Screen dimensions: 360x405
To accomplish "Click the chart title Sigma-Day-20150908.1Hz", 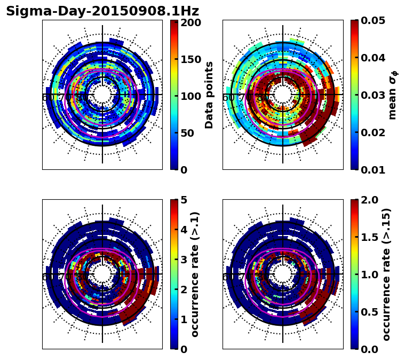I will pos(102,11).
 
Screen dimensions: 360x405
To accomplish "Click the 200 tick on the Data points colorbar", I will pos(190,22).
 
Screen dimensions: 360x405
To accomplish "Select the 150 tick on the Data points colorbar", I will pos(190,59).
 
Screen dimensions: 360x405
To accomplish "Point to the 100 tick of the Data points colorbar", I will pos(190,96).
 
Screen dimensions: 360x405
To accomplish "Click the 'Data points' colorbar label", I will pos(209,95).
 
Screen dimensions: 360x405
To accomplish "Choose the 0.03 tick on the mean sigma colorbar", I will pos(374,95).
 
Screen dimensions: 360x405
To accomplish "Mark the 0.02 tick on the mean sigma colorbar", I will pos(374,132).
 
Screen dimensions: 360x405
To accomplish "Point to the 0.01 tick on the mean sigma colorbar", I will pos(374,170).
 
